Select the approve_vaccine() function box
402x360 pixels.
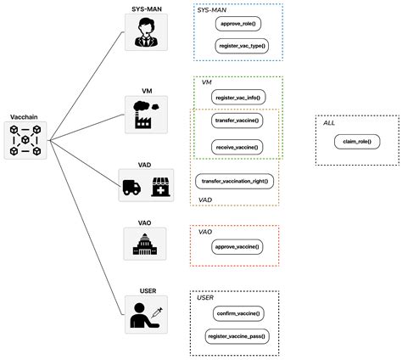pyautogui.click(x=237, y=247)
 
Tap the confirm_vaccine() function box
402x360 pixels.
pyautogui.click(x=238, y=314)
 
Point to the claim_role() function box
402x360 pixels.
pyautogui.click(x=356, y=140)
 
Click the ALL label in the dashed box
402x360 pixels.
pyautogui.click(x=329, y=124)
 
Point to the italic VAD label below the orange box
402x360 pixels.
pyautogui.click(x=205, y=200)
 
